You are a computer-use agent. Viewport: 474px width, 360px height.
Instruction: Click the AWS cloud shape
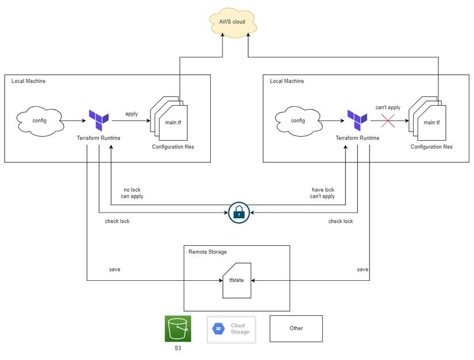pos(232,22)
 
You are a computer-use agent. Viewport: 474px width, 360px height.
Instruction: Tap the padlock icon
pos(238,212)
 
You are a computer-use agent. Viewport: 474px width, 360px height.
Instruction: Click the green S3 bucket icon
pos(178,328)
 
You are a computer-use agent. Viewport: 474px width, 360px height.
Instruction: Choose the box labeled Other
pos(296,328)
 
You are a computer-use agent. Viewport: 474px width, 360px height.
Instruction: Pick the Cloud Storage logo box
pos(231,328)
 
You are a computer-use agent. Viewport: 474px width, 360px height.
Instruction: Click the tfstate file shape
pos(236,281)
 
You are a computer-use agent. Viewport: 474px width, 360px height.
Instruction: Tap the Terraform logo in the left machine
pos(98,121)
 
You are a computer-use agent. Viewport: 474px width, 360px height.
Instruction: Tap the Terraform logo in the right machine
pos(357,121)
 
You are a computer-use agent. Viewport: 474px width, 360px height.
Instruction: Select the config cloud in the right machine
pos(298,121)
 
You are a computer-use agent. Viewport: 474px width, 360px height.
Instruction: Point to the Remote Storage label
pos(207,252)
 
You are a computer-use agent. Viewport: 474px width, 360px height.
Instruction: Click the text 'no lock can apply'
pos(132,193)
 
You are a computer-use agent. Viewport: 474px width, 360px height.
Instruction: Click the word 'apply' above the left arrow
pos(132,114)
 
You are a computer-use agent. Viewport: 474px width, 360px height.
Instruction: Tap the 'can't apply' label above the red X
pos(388,107)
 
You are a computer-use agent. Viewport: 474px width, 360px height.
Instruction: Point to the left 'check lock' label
pos(117,221)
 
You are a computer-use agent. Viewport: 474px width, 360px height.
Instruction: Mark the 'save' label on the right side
pos(363,269)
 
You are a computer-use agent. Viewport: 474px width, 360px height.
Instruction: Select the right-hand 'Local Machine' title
pos(287,81)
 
